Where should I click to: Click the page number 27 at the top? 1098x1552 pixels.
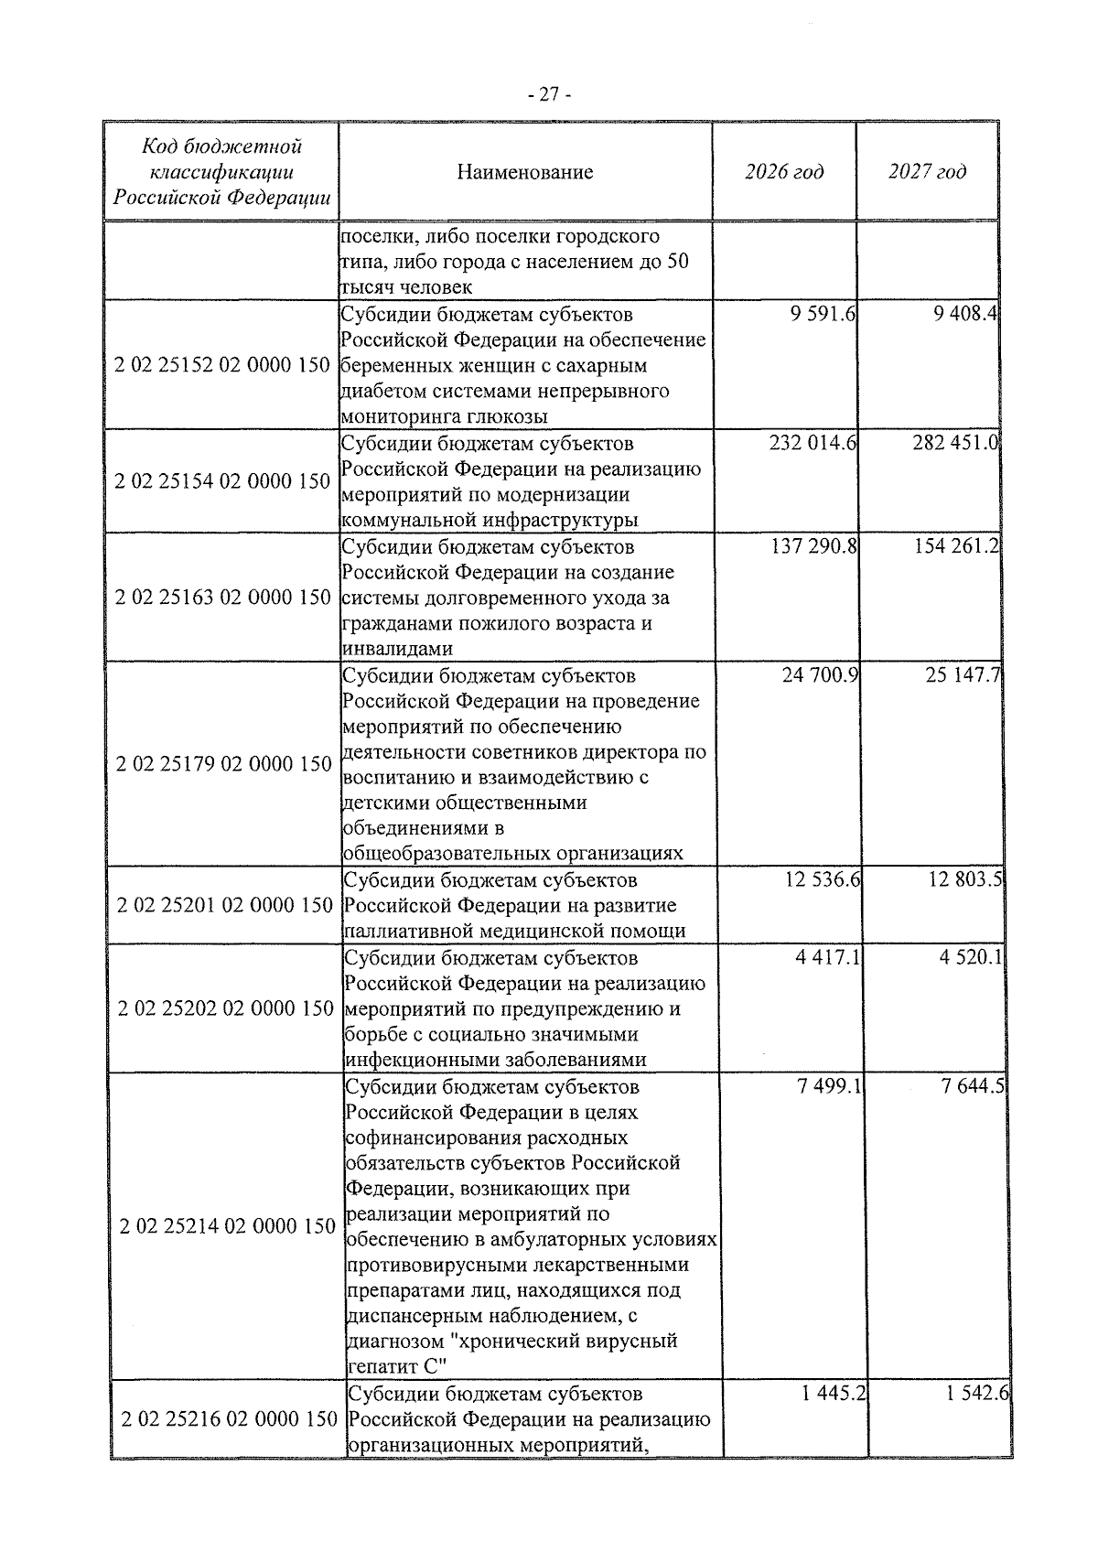[x=549, y=94]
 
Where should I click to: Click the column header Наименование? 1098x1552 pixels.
[x=525, y=172]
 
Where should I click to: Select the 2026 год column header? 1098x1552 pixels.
[x=783, y=172]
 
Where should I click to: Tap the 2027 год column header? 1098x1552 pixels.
[x=927, y=172]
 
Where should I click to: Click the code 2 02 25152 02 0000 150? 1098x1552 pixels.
[x=221, y=365]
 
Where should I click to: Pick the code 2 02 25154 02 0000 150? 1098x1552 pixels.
[x=221, y=481]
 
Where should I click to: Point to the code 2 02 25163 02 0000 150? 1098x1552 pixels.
[x=222, y=598]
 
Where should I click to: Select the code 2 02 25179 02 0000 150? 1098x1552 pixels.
[x=223, y=764]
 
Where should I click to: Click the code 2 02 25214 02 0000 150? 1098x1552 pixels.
[x=227, y=1226]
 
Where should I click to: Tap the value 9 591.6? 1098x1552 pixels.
[x=823, y=315]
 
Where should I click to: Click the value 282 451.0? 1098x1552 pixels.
[x=955, y=444]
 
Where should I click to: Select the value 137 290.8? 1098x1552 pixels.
[x=813, y=547]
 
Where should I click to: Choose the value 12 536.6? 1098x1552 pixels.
[x=821, y=880]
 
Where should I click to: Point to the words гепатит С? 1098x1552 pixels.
[x=397, y=1367]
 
